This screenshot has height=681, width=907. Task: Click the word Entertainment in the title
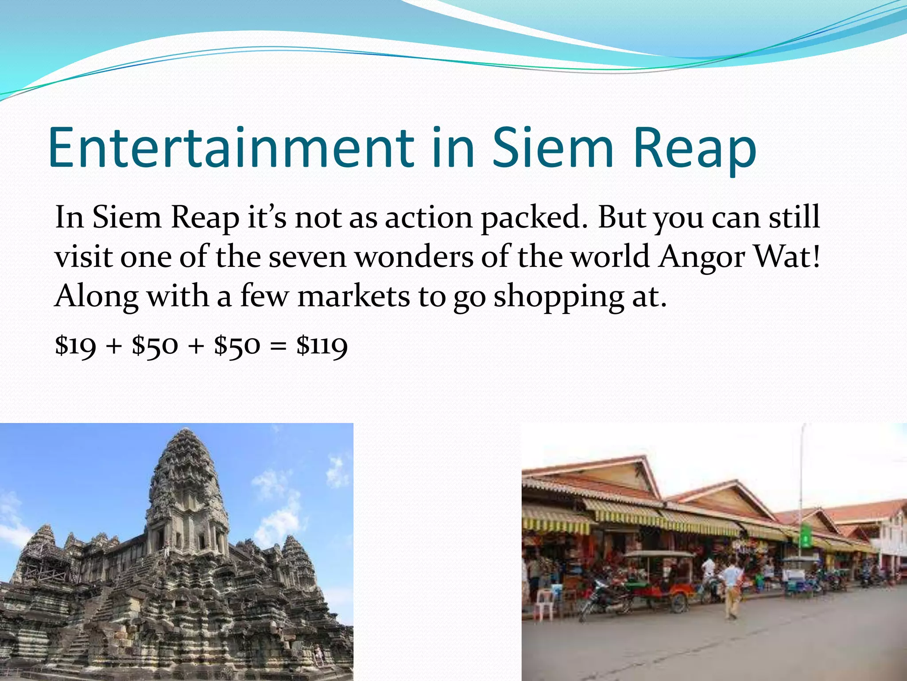pos(230,149)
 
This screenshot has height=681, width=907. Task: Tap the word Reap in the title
pos(694,149)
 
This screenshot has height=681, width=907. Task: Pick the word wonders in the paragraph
pos(414,257)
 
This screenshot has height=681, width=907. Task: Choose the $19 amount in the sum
pos(75,346)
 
